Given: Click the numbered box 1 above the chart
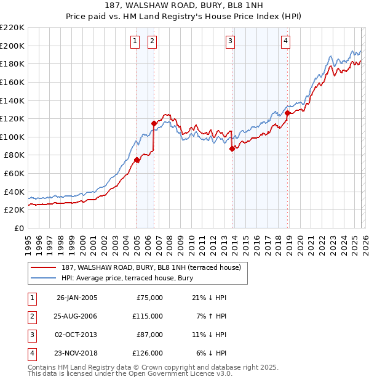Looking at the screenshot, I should pyautogui.click(x=135, y=41).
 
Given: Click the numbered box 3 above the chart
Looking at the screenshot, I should pyautogui.click(x=230, y=41).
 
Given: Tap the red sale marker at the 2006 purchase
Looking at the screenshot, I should pyautogui.click(x=154, y=123).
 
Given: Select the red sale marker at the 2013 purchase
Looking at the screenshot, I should pyautogui.click(x=232, y=148).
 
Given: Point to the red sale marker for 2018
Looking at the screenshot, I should pyautogui.click(x=287, y=113).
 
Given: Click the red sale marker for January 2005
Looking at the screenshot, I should pyautogui.click(x=137, y=160).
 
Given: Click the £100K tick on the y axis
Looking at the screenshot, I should pyautogui.click(x=12, y=137).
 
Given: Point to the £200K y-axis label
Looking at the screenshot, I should pyautogui.click(x=12, y=46).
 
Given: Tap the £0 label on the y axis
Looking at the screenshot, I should pyautogui.click(x=18, y=228).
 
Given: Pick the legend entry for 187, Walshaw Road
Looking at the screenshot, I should pyautogui.click(x=154, y=267).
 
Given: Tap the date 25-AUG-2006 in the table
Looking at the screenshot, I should pyautogui.click(x=77, y=315).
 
